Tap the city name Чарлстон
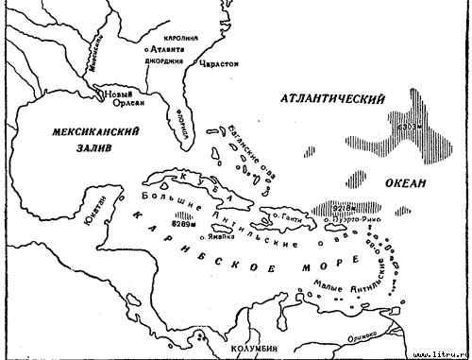tap(218, 64)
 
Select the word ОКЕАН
tap(406, 182)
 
